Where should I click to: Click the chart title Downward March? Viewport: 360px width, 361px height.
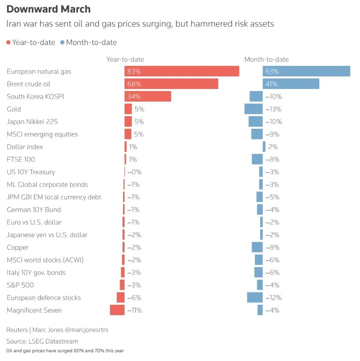click(x=48, y=9)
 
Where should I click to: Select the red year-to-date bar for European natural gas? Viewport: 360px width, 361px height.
click(x=182, y=71)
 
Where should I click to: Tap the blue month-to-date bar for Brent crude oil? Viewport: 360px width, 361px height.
click(x=291, y=84)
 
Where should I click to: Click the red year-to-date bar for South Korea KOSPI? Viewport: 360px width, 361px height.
click(x=148, y=96)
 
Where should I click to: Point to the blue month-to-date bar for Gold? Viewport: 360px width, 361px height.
click(x=253, y=109)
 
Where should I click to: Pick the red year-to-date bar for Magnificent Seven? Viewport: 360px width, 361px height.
click(x=117, y=310)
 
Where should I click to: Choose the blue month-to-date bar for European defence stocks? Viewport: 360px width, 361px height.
click(x=255, y=298)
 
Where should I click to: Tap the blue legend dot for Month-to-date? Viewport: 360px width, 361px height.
click(x=62, y=43)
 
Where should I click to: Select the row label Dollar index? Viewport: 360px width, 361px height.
click(x=25, y=147)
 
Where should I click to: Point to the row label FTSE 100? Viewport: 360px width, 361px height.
click(x=21, y=159)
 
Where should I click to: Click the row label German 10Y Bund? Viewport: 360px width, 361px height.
click(x=34, y=210)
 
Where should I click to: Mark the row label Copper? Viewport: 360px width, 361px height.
click(x=18, y=247)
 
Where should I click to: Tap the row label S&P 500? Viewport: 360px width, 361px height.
click(x=20, y=285)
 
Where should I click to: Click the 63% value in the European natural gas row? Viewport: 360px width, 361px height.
click(x=272, y=71)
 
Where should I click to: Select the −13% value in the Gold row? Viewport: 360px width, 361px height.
click(x=274, y=109)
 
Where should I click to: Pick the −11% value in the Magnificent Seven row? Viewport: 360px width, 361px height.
click(x=134, y=310)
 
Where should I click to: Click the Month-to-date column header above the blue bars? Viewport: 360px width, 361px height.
click(x=266, y=60)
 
